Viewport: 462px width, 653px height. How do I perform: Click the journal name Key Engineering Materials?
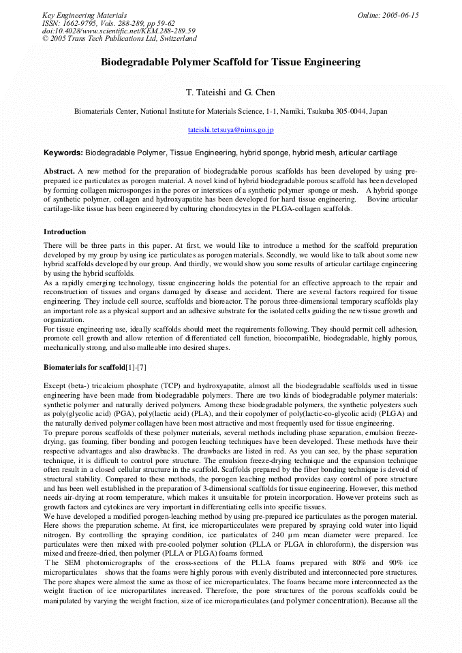coord(84,15)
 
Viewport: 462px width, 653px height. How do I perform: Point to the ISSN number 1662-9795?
coord(81,23)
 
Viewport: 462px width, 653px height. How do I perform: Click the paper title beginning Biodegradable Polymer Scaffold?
coord(230,63)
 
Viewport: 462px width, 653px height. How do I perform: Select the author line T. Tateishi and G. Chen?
coord(230,93)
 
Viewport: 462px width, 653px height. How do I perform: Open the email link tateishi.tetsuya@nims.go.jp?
coord(230,129)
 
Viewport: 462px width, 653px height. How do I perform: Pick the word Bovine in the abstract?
coord(382,200)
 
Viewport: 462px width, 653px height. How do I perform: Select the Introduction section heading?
coord(65,232)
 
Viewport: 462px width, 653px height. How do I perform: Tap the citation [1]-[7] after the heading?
coord(136,368)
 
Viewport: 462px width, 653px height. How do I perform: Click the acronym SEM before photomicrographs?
coord(70,564)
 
